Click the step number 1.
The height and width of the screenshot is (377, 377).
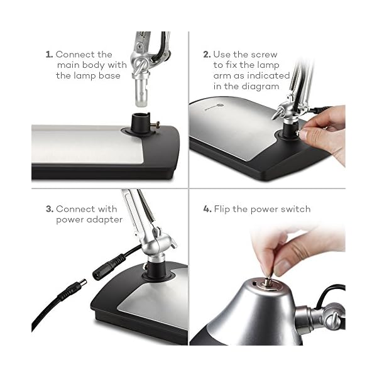pos(49,54)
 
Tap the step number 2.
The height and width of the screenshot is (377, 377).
pos(207,54)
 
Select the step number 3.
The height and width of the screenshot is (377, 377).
pos(50,209)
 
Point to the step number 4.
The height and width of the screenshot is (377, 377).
pos(207,209)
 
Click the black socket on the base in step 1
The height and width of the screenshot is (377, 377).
pos(141,123)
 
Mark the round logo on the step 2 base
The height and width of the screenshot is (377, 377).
pos(220,105)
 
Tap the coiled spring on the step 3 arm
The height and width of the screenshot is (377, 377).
pos(145,205)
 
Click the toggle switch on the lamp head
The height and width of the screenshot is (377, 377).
pos(268,281)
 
